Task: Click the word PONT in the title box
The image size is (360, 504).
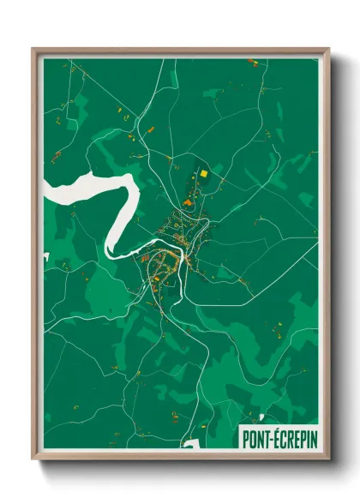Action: click(255, 434)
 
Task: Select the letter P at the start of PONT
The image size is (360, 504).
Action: click(245, 434)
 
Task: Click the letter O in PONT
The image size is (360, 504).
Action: click(252, 434)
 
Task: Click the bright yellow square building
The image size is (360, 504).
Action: click(205, 174)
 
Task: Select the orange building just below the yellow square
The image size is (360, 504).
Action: click(205, 184)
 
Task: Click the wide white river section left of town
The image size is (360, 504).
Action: click(86, 188)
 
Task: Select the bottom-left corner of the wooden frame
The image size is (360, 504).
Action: click(33, 458)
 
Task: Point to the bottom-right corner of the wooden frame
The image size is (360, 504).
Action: click(328, 458)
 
